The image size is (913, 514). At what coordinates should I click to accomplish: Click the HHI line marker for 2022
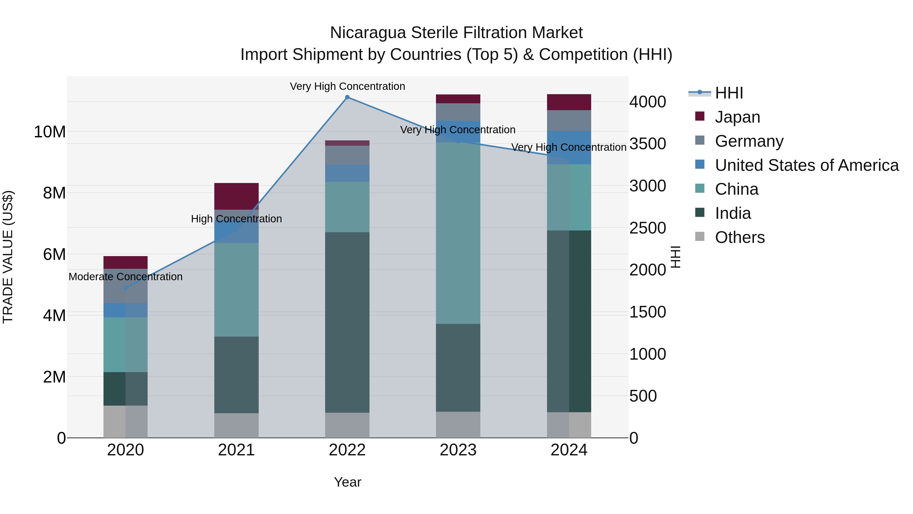click(x=347, y=97)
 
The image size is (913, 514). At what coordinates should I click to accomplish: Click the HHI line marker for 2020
click(x=126, y=288)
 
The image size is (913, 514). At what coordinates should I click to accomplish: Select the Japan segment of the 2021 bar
click(x=236, y=196)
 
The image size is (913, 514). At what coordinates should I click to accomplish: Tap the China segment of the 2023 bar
click(x=458, y=233)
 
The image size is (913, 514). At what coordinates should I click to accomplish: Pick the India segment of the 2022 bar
click(x=347, y=322)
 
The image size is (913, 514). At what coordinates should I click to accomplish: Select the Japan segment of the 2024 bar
click(x=569, y=102)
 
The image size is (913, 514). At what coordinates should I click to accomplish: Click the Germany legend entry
click(x=749, y=141)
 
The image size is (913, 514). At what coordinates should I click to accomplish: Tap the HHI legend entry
click(x=729, y=93)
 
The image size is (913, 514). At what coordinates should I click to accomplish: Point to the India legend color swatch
click(x=700, y=213)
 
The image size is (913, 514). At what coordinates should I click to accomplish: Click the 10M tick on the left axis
click(x=50, y=132)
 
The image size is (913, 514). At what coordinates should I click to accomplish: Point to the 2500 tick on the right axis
click(x=647, y=228)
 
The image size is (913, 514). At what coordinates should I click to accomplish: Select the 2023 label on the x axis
click(x=458, y=450)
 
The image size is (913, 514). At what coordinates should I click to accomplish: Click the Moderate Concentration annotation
click(x=126, y=277)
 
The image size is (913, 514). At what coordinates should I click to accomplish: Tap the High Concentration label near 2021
click(x=236, y=219)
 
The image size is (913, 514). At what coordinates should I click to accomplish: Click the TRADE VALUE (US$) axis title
click(x=8, y=257)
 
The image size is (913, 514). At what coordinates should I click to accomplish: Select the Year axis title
click(x=347, y=482)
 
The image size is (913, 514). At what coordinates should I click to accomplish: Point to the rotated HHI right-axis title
click(x=676, y=257)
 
